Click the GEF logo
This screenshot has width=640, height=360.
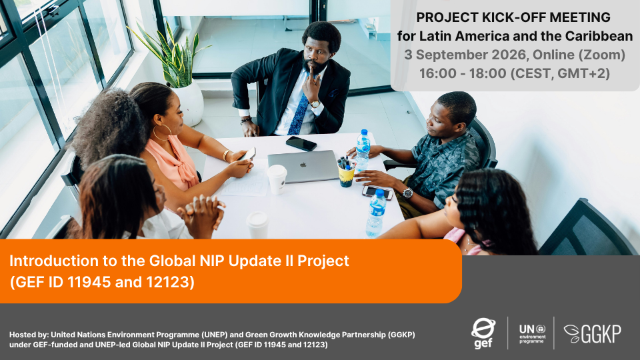tap(483, 333)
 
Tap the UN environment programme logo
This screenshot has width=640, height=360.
tap(532, 333)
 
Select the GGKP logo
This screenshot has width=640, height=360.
tap(593, 333)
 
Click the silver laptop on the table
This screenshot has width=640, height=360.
tap(303, 166)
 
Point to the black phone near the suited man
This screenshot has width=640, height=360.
tap(301, 143)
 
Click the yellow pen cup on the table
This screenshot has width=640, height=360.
tap(346, 175)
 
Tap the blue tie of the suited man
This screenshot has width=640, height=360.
tap(299, 113)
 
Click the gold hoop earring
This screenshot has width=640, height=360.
tap(162, 133)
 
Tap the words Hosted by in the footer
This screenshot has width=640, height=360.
tap(29, 335)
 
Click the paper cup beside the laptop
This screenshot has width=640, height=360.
tap(277, 179)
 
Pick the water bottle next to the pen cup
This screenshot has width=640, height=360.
tap(363, 151)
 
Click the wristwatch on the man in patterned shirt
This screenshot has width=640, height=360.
tap(407, 193)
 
